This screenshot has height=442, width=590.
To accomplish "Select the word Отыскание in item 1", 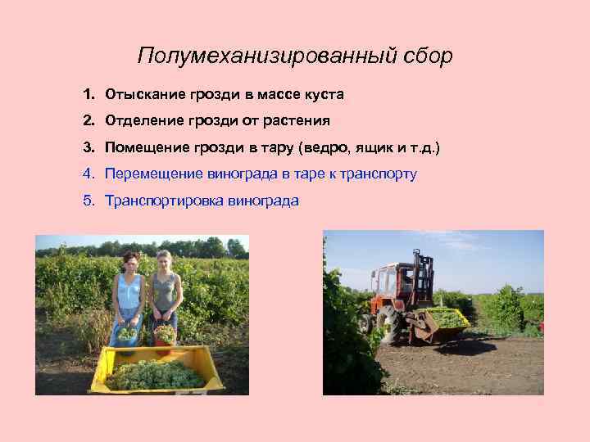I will click(142, 95).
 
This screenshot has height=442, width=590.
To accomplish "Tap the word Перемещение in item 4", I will click(153, 174).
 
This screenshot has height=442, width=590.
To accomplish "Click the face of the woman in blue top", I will click(129, 264).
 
